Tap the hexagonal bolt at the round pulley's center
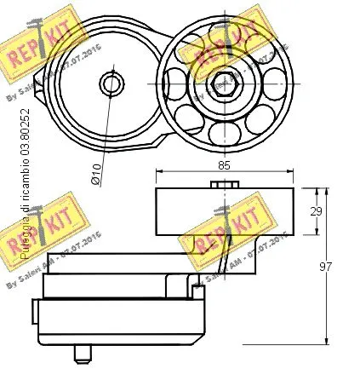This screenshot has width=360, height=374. click(222, 82)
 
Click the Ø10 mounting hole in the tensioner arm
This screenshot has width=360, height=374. click(111, 83)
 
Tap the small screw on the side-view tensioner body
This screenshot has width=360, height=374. click(198, 291)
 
